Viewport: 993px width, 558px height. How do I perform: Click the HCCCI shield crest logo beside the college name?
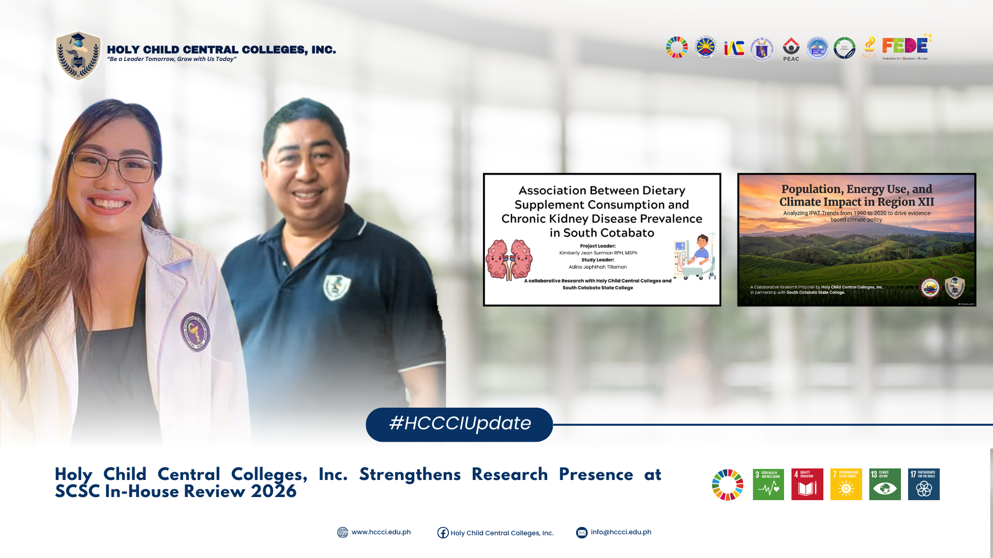point(78,56)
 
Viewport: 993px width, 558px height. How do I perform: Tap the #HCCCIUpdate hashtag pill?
point(459,424)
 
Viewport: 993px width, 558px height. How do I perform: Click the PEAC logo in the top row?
point(791,49)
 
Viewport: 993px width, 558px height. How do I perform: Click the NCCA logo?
point(869,48)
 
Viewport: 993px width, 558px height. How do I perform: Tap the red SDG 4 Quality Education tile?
point(807,484)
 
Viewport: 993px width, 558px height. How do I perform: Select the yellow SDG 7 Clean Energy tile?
point(846,484)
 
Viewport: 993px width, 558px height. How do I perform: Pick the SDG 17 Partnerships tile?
point(924,484)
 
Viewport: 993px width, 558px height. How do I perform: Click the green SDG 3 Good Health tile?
point(768,484)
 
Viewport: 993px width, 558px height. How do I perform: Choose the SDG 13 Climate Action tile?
point(884,484)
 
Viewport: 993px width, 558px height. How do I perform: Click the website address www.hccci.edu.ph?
point(381,532)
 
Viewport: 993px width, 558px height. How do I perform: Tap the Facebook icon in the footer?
point(443,533)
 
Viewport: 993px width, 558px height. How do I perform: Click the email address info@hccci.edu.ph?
point(621,532)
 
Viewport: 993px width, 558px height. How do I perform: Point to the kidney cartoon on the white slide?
point(509,259)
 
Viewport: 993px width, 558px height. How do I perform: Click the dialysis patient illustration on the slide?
point(695,256)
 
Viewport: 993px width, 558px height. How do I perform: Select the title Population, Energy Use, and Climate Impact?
point(856,195)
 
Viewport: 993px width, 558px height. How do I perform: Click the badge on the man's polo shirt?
point(337,287)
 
